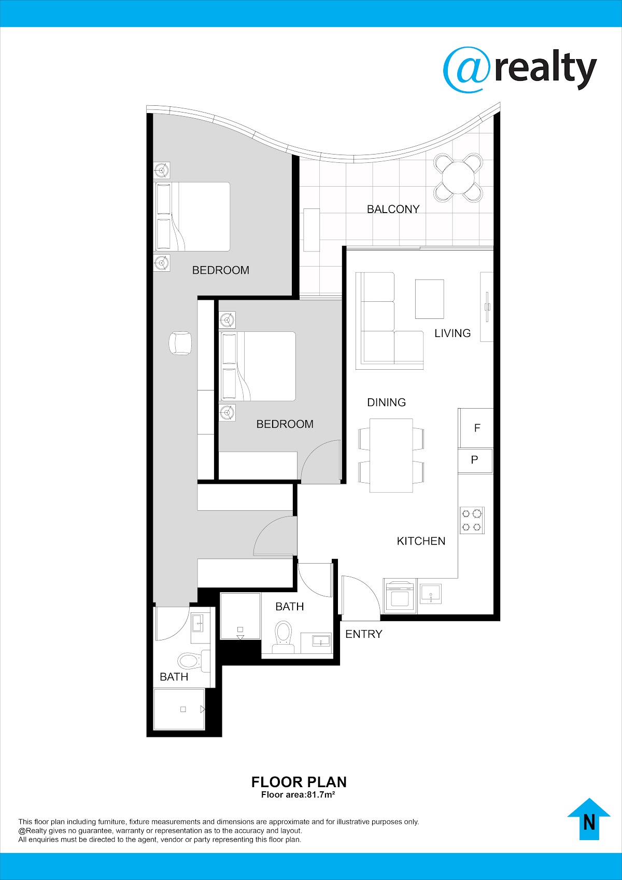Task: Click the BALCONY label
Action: click(x=393, y=209)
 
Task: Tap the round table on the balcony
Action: click(x=458, y=177)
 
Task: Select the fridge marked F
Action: click(x=476, y=428)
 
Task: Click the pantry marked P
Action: click(x=475, y=460)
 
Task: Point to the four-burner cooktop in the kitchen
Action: click(x=472, y=520)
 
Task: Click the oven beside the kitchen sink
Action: click(x=400, y=596)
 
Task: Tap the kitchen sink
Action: click(x=431, y=594)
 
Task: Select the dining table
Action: click(x=391, y=455)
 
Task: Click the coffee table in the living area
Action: click(x=430, y=299)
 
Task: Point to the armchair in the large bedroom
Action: click(x=180, y=343)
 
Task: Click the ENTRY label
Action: click(x=364, y=634)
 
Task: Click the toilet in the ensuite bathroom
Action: click(x=194, y=661)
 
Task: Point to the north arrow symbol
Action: click(x=589, y=819)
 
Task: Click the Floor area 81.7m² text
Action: click(x=298, y=794)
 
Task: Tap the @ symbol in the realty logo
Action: click(x=466, y=70)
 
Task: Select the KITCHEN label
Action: click(x=421, y=541)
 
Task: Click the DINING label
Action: click(x=386, y=402)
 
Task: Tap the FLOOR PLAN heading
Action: click(x=299, y=782)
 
